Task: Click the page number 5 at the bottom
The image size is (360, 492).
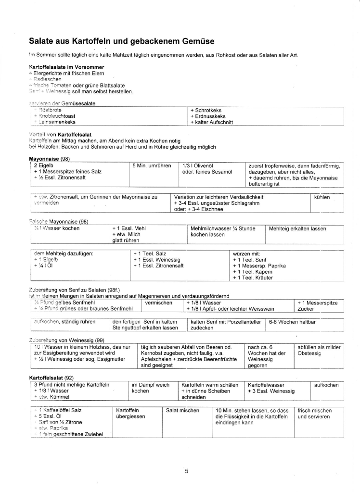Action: click(186, 471)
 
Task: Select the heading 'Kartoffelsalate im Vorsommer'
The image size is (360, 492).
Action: click(66, 66)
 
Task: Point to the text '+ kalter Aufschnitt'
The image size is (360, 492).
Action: click(212, 122)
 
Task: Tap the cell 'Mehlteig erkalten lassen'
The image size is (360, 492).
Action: click(297, 228)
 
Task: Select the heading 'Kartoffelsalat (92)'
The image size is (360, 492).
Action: click(51, 378)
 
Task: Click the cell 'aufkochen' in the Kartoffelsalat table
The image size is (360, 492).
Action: click(326, 385)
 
